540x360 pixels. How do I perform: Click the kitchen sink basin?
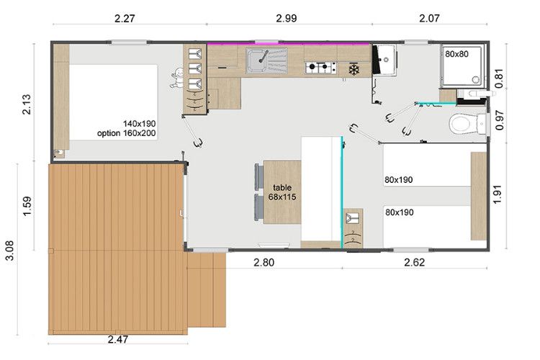point(256,60)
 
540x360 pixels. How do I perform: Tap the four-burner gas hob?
point(320,67)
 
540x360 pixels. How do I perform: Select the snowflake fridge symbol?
point(354,69)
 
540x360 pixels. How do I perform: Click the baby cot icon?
point(178,78)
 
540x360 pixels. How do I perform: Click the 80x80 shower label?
point(456,54)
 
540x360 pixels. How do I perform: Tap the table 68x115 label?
point(282,192)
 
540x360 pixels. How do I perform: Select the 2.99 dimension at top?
point(287,17)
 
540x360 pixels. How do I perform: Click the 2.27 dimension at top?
point(125,18)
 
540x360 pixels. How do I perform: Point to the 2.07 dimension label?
point(429,17)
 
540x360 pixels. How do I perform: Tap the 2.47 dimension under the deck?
point(118,339)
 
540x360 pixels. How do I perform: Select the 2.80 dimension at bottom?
point(264,263)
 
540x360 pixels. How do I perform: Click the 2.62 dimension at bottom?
point(415,263)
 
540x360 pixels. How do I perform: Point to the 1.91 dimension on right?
point(498,194)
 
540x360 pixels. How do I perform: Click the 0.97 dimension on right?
point(500,120)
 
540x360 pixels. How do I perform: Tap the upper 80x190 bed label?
point(399,179)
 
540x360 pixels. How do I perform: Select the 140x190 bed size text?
point(140,124)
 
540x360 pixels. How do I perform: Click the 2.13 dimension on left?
point(26,104)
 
